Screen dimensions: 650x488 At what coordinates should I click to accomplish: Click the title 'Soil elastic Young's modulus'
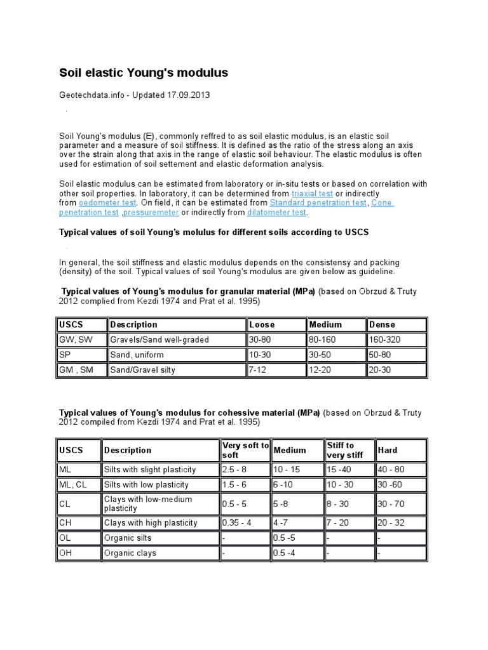pyautogui.click(x=144, y=73)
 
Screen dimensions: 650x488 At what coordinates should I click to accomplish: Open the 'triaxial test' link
pyautogui.click(x=312, y=193)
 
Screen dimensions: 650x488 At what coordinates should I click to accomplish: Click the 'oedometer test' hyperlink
pyautogui.click(x=107, y=202)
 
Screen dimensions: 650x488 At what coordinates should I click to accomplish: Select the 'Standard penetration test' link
pyautogui.click(x=318, y=202)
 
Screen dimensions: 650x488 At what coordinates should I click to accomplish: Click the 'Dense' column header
pyautogui.click(x=381, y=324)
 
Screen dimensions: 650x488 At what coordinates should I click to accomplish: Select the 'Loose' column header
pyautogui.click(x=262, y=324)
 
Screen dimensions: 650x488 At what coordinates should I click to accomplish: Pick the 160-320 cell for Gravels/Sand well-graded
pyautogui.click(x=385, y=340)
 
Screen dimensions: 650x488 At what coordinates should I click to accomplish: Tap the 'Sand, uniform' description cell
pyautogui.click(x=137, y=355)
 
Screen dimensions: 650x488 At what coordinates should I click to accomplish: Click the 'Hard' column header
pyautogui.click(x=388, y=450)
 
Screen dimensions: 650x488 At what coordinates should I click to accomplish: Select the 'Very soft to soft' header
pyautogui.click(x=245, y=450)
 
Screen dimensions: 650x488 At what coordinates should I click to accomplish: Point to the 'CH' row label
pyautogui.click(x=65, y=522)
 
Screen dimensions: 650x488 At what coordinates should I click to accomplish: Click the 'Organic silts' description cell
pyautogui.click(x=128, y=538)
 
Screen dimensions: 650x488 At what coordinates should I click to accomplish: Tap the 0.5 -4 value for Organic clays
pyautogui.click(x=286, y=553)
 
